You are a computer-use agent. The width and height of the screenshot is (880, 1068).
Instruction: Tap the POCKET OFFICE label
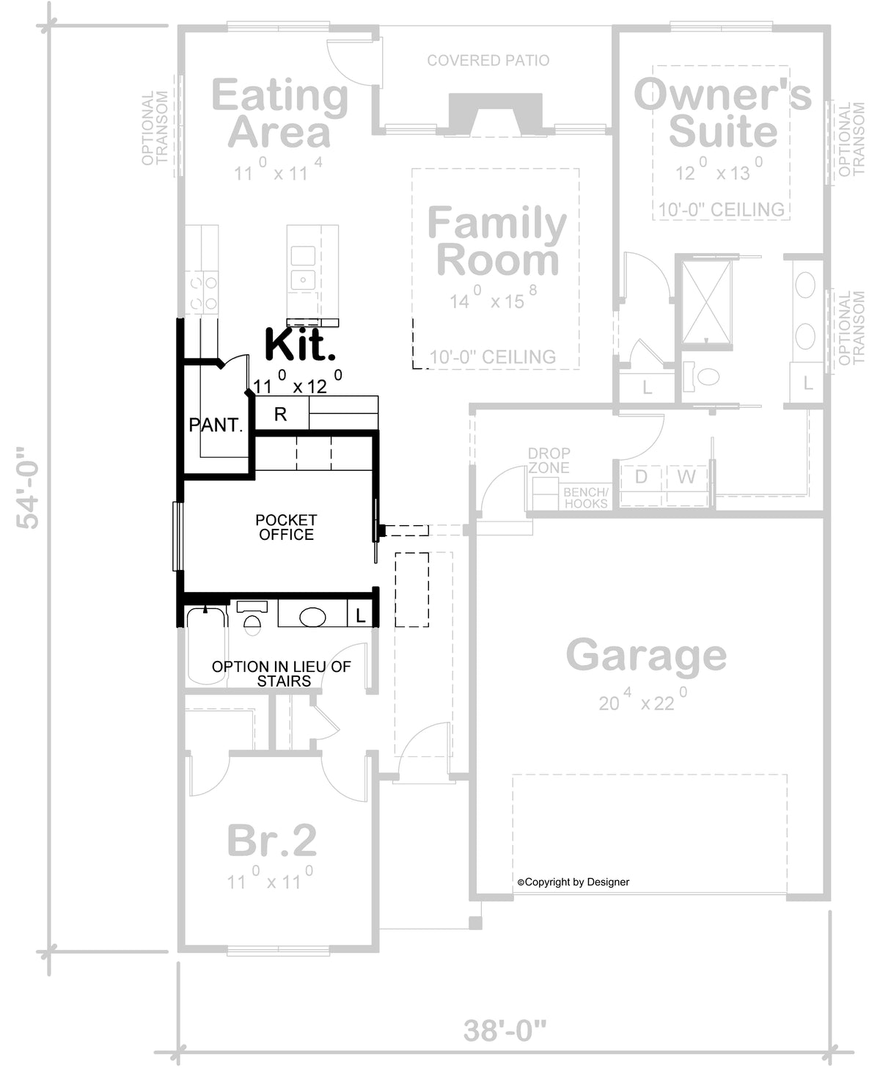(286, 527)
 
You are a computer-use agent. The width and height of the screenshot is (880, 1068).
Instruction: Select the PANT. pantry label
(216, 425)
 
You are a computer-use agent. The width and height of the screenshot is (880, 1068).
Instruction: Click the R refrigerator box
(281, 414)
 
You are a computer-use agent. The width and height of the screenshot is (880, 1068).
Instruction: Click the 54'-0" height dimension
(28, 488)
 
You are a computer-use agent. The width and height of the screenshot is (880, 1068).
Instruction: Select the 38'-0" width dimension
(505, 1030)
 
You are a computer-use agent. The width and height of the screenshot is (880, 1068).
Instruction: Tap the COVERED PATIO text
(488, 60)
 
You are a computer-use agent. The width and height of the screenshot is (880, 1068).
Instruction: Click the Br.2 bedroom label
(271, 841)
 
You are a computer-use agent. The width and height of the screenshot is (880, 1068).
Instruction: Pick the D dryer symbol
(641, 477)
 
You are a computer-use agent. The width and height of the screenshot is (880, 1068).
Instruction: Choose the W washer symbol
(686, 477)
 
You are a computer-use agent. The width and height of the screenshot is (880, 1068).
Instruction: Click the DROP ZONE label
(549, 461)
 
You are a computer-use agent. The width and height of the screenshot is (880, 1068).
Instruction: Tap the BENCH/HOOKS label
(586, 497)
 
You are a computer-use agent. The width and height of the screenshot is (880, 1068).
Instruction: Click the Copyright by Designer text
(573, 882)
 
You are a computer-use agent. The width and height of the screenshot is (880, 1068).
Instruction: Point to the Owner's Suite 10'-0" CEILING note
(721, 210)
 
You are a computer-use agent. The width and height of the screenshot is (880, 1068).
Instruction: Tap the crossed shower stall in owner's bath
(706, 302)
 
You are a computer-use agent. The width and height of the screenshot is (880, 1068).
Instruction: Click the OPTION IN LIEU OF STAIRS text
(282, 673)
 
